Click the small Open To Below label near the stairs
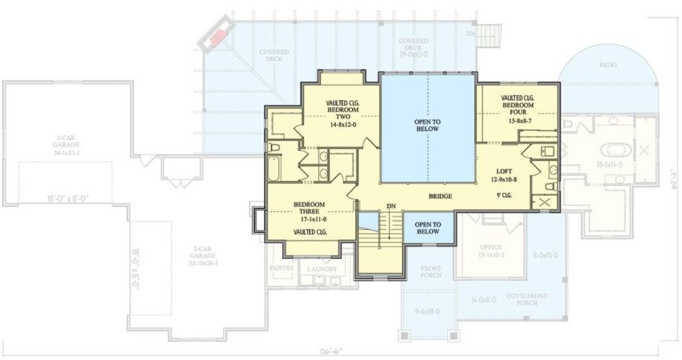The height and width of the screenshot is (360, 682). (x=428, y=228)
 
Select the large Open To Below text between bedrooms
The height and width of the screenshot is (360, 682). (x=428, y=125)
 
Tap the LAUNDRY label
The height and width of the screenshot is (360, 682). (x=322, y=268)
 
